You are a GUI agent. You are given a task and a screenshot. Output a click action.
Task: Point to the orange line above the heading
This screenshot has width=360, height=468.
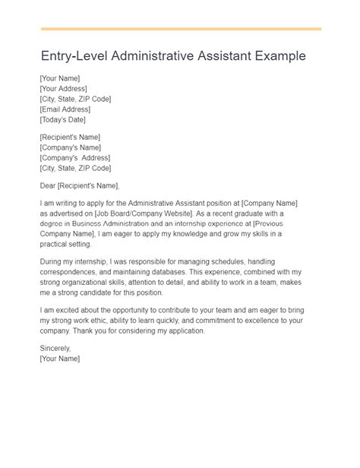(x=180, y=29)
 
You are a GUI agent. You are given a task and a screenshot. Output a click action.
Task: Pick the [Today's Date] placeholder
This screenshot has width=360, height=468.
(x=62, y=120)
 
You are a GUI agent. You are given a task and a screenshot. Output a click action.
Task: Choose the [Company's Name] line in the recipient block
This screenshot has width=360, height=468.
(x=69, y=147)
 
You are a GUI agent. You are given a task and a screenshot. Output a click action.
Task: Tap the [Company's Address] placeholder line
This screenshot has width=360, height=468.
(x=73, y=157)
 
